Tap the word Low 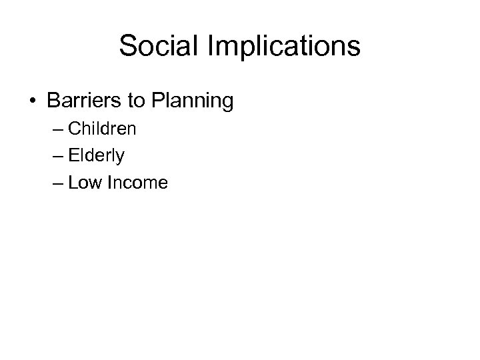(x=85, y=183)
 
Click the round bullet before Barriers (x=32, y=102)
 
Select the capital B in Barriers (x=53, y=101)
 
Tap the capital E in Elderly (x=73, y=155)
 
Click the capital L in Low (x=72, y=183)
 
